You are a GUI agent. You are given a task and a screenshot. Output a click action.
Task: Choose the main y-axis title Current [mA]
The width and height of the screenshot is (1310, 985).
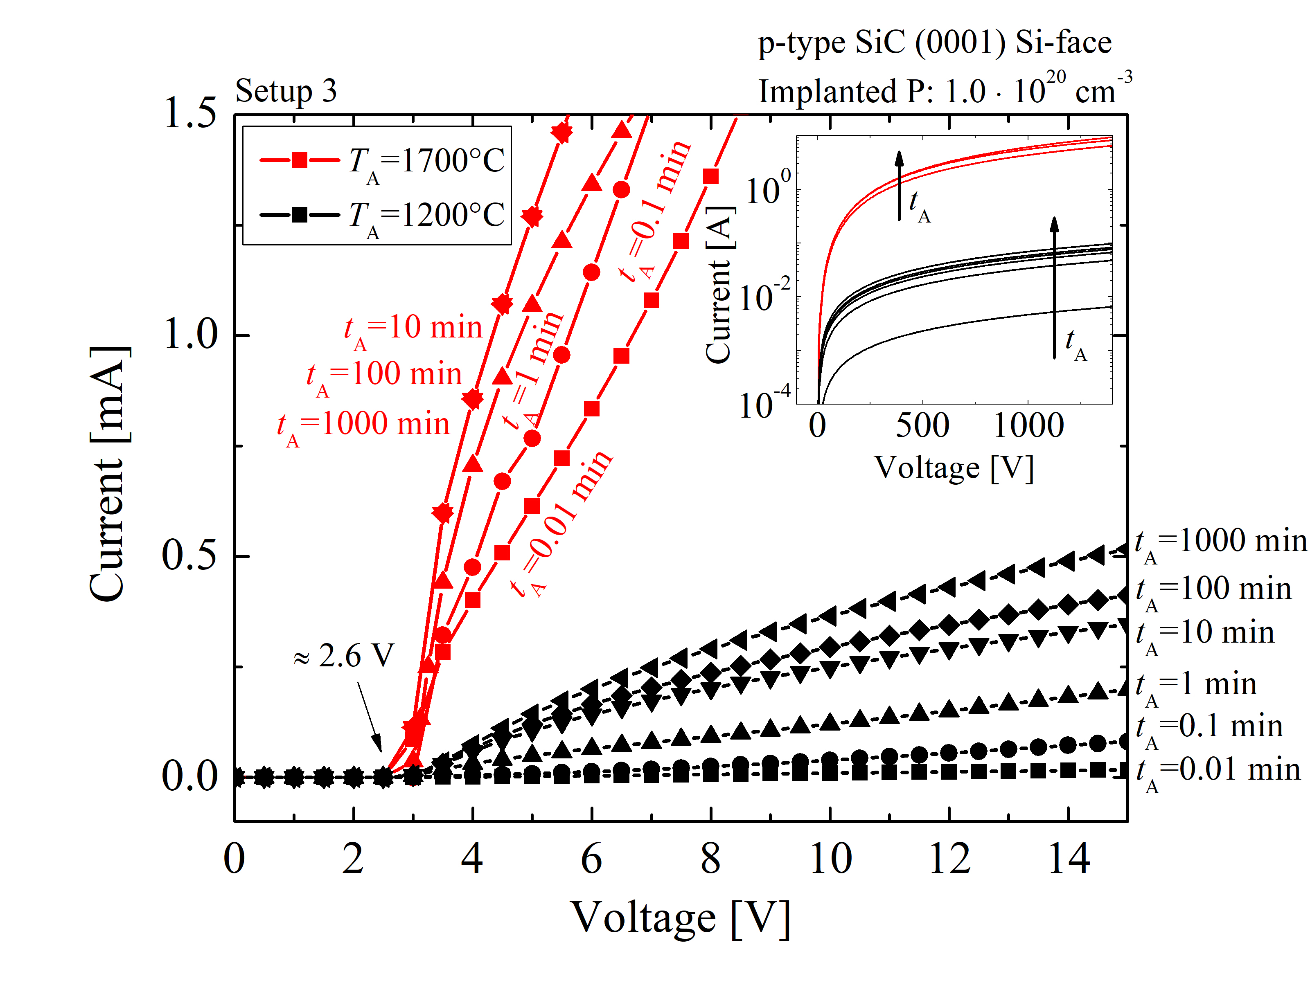coord(108,474)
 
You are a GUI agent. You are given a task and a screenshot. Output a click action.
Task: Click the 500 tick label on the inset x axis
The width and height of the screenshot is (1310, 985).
coord(922,425)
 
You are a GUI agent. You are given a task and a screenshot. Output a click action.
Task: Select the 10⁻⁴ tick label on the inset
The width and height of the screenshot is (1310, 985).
coord(764,404)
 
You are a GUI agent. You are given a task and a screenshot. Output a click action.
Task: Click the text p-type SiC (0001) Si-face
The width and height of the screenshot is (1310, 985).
coord(935,43)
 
